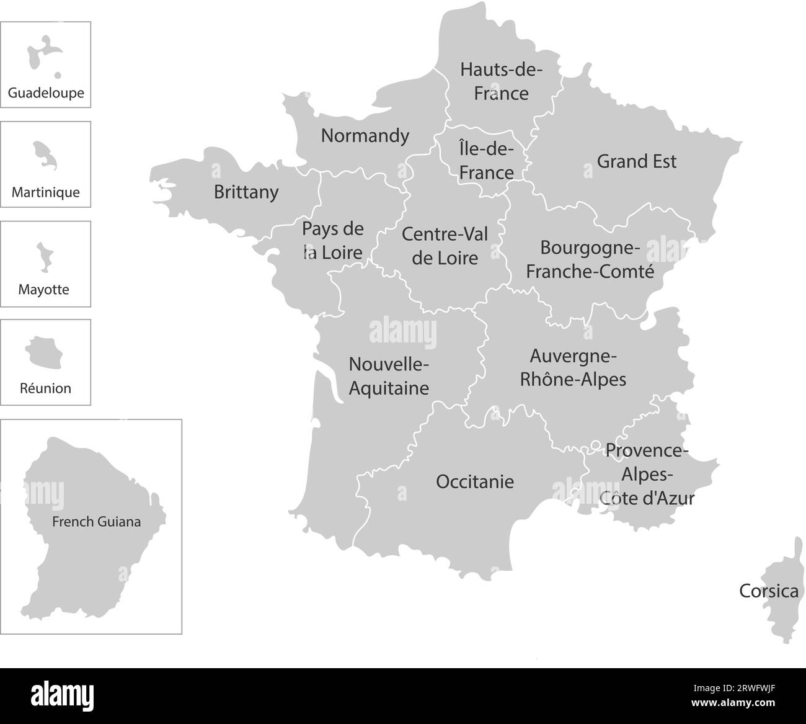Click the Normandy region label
point(365,135)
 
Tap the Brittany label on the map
point(246,192)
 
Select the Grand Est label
point(636,161)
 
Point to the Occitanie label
point(475,481)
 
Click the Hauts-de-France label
point(501,81)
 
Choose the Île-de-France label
point(487,161)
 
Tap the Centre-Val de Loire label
point(445,246)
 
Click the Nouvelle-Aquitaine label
point(389,376)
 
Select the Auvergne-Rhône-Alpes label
point(573,368)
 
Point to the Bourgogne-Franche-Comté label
point(590,259)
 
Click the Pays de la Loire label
point(332,241)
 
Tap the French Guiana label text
point(96,522)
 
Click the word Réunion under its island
point(45,388)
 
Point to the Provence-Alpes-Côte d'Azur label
point(647,474)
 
